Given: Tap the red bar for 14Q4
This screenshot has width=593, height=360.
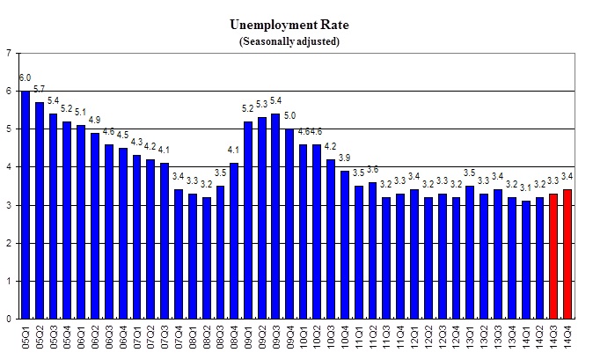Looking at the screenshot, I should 567,254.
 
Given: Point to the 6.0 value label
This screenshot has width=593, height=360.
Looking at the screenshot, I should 26,77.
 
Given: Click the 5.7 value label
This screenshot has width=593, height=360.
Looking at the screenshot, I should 40,89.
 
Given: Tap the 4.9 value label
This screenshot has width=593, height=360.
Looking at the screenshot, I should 95,120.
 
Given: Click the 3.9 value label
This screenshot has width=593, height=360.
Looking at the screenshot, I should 345,158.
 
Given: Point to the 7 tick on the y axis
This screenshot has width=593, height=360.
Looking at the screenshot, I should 9,54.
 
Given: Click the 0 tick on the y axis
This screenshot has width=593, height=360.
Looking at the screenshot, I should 9,320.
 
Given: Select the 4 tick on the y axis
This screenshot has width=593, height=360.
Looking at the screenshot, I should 9,167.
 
